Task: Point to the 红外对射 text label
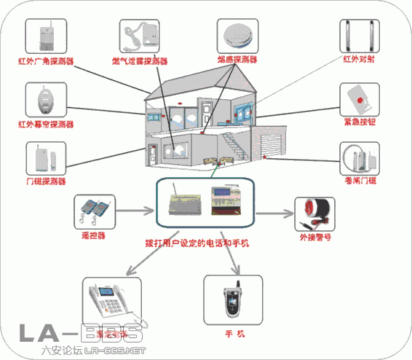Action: (x=358, y=60)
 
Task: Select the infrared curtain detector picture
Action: (x=46, y=100)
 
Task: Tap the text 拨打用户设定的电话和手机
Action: (x=197, y=241)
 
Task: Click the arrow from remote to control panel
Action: (x=135, y=212)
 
